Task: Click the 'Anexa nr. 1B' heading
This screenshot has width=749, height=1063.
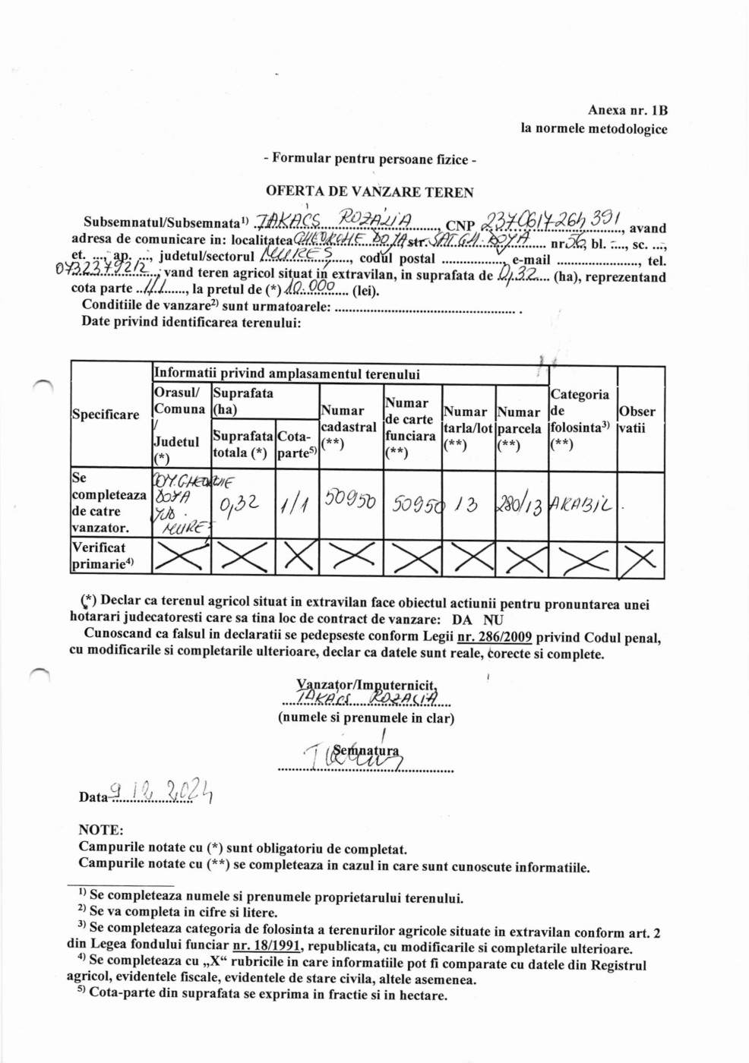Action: (x=627, y=111)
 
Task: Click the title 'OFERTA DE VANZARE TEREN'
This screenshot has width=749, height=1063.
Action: (x=369, y=192)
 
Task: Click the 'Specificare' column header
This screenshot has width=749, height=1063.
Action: (x=106, y=415)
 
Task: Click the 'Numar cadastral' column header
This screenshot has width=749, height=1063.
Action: (x=349, y=427)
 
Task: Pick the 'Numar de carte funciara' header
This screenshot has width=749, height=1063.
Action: (x=410, y=427)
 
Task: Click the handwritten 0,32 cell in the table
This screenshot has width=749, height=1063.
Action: (x=241, y=504)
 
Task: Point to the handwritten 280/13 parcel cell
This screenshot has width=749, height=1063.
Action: (x=520, y=505)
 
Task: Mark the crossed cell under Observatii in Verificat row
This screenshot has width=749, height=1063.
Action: (x=640, y=560)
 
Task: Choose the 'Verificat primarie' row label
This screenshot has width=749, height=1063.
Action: (x=103, y=556)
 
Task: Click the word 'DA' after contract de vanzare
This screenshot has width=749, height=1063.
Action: (x=462, y=620)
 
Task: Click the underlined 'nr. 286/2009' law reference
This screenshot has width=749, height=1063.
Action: (x=495, y=637)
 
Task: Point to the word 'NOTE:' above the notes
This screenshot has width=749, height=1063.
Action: (x=100, y=830)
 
